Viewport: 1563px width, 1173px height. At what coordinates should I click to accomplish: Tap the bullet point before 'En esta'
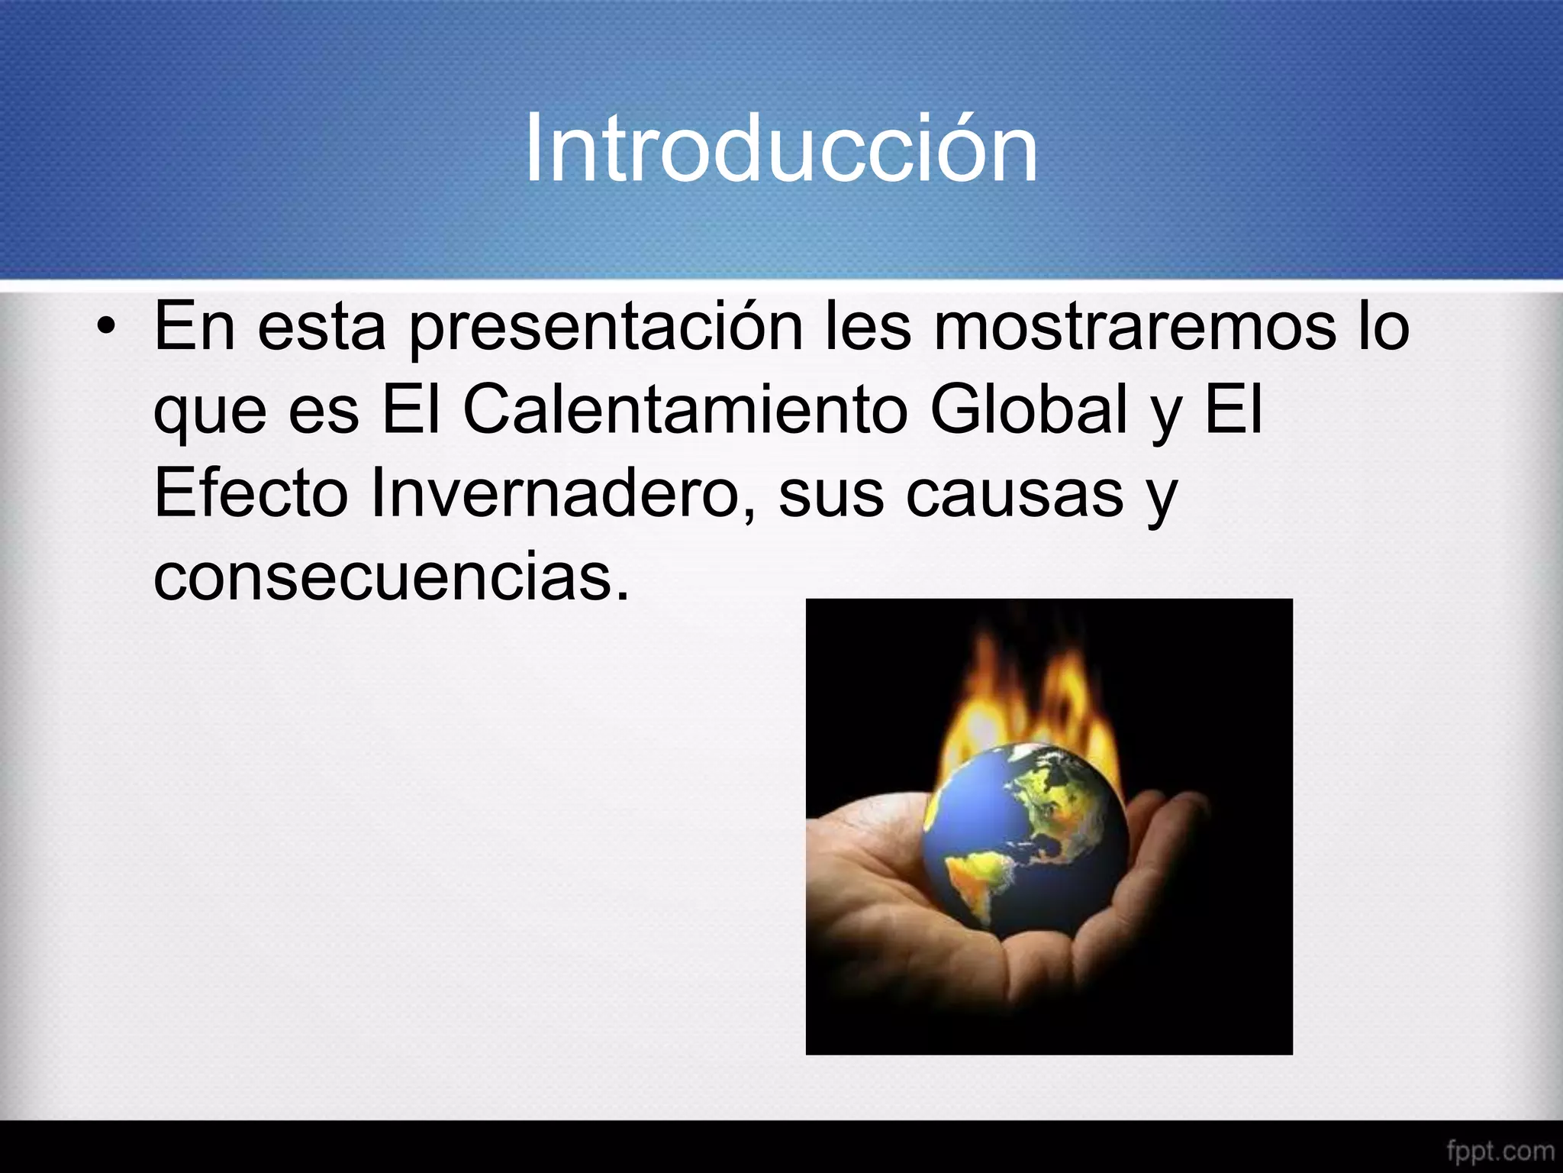coord(106,328)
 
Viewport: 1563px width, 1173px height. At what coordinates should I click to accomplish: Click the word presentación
coord(606,328)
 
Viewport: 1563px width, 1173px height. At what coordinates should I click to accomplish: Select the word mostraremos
coord(1135,328)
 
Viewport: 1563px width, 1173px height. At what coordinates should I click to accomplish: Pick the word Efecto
coord(251,493)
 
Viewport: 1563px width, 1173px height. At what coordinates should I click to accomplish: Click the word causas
coord(1015,493)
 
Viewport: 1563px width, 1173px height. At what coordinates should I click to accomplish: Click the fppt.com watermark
coord(1500,1150)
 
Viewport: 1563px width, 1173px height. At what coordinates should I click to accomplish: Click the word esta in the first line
coord(321,328)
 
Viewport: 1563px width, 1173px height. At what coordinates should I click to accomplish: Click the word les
coord(869,328)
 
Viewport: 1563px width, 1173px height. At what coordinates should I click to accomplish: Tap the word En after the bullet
coord(194,328)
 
